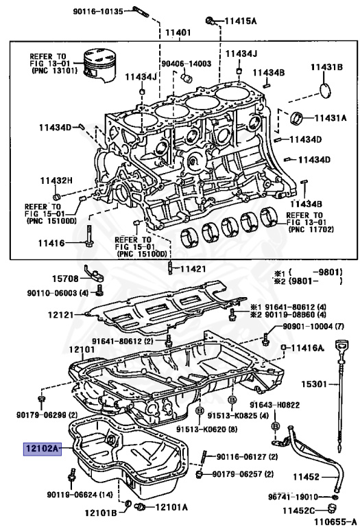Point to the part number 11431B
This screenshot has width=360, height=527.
pyautogui.click(x=325, y=67)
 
